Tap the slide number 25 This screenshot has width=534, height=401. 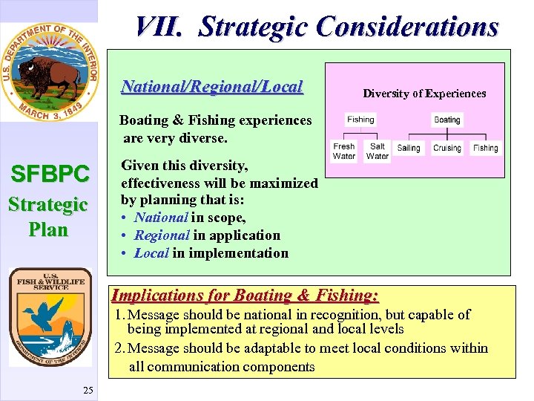tap(88, 389)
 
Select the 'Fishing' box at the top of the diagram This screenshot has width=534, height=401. tap(360, 120)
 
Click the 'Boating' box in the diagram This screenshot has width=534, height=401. tap(446, 120)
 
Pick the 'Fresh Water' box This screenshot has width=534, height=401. tap(344, 151)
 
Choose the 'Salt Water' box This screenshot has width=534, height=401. tap(378, 151)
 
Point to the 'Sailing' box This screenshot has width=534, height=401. tap(409, 148)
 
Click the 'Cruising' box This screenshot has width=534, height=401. tap(446, 148)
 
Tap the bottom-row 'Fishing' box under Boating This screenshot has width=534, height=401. tap(485, 148)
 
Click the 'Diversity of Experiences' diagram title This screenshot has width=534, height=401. tap(424, 94)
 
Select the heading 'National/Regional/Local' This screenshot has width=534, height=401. tap(212, 87)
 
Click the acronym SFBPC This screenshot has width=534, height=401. tap(50, 175)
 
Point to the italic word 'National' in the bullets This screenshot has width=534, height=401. tap(161, 218)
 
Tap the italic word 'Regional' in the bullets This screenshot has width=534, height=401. tap(162, 235)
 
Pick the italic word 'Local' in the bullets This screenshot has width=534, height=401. tap(151, 253)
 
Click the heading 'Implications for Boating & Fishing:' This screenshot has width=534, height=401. tap(245, 296)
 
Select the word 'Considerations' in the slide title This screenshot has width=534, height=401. tap(407, 27)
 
